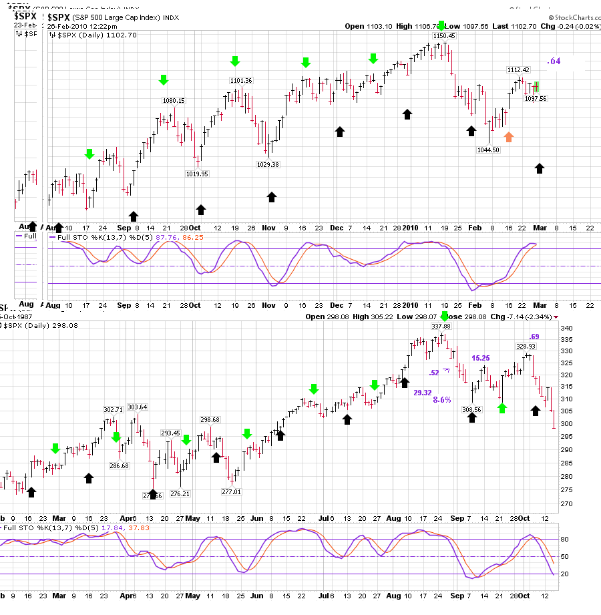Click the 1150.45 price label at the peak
tap(443, 36)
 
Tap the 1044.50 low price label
tap(487, 150)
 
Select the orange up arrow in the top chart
tap(509, 137)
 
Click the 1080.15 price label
tap(174, 101)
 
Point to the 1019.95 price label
tap(197, 174)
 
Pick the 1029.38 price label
tap(268, 164)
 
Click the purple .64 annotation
tap(554, 61)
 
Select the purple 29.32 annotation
tap(422, 393)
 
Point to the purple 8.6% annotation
tap(442, 399)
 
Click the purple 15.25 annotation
tap(481, 359)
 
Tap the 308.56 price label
tap(471, 409)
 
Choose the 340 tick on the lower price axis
tap(566, 329)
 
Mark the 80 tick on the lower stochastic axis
tap(564, 539)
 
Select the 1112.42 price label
tap(518, 70)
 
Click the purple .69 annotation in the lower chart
tap(534, 336)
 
